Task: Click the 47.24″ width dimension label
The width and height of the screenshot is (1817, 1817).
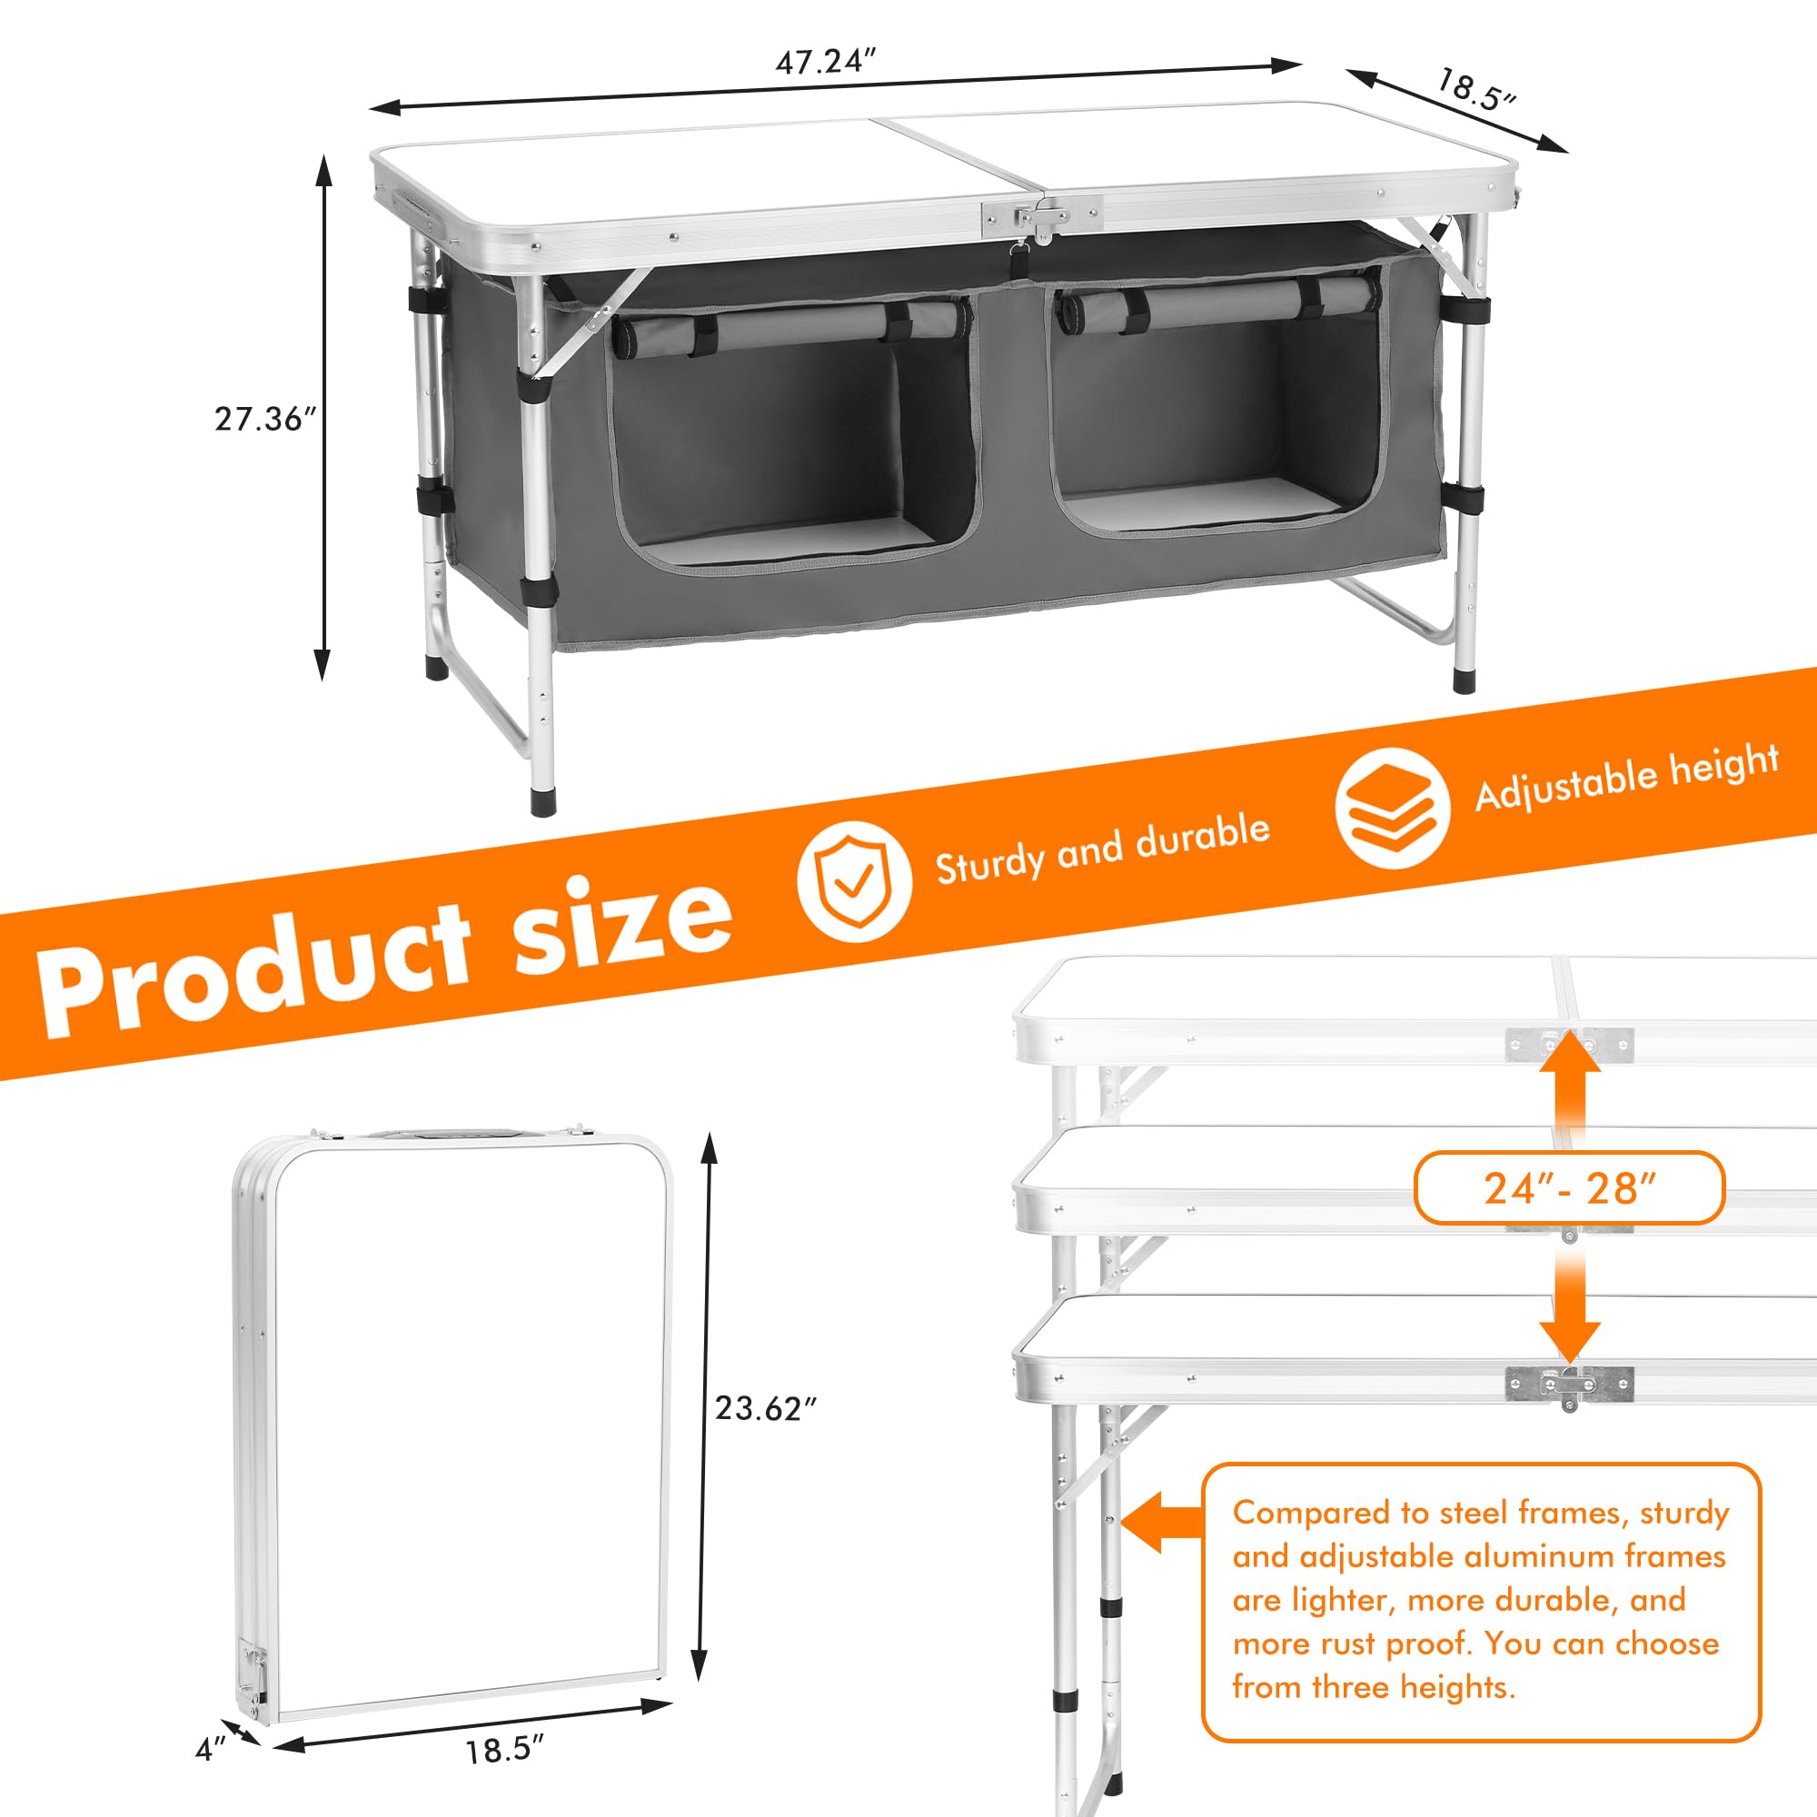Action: point(825,62)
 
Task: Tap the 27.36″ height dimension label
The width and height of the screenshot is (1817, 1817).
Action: point(264,419)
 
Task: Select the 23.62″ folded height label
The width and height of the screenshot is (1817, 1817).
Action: point(765,1408)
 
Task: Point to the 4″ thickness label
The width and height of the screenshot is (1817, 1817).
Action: point(211,1748)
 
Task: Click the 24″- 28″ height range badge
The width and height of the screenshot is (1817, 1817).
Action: point(1569,1188)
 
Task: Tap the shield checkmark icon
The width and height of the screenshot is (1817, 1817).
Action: point(854,882)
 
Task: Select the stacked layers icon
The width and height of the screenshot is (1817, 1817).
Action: point(1392,807)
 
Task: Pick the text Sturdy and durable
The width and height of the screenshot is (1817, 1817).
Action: point(1102,849)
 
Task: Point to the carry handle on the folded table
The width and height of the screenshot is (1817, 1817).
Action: point(442,1135)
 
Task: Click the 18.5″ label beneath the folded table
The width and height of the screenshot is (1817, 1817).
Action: point(505,1751)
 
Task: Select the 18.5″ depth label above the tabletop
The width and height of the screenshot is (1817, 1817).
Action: point(1475,89)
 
